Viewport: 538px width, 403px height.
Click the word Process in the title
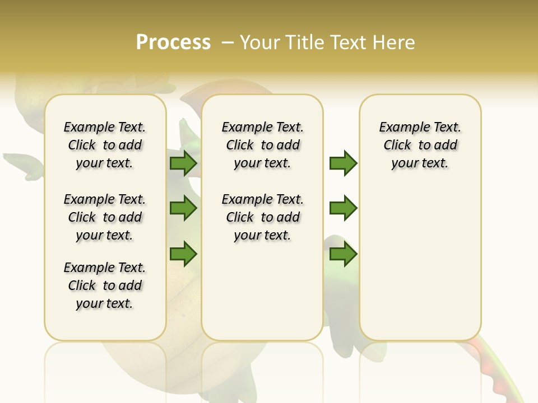tap(173, 43)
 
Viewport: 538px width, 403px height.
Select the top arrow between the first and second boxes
tap(183, 163)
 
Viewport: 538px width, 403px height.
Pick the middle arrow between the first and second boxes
tap(183, 208)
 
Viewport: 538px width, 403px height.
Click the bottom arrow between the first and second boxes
tap(183, 254)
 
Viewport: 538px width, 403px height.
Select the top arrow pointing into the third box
tap(343, 163)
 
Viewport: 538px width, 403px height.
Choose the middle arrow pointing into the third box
tap(343, 208)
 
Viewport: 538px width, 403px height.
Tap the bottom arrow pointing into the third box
tap(343, 254)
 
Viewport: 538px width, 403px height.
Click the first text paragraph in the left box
tap(105, 145)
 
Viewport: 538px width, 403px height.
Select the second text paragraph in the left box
tap(105, 217)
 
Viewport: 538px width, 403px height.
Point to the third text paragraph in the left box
tap(105, 285)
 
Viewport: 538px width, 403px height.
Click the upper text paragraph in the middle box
tap(263, 145)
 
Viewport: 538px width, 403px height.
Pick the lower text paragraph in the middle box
tap(263, 217)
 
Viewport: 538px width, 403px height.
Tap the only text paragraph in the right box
tap(420, 145)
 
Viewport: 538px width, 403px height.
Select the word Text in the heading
tap(349, 43)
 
